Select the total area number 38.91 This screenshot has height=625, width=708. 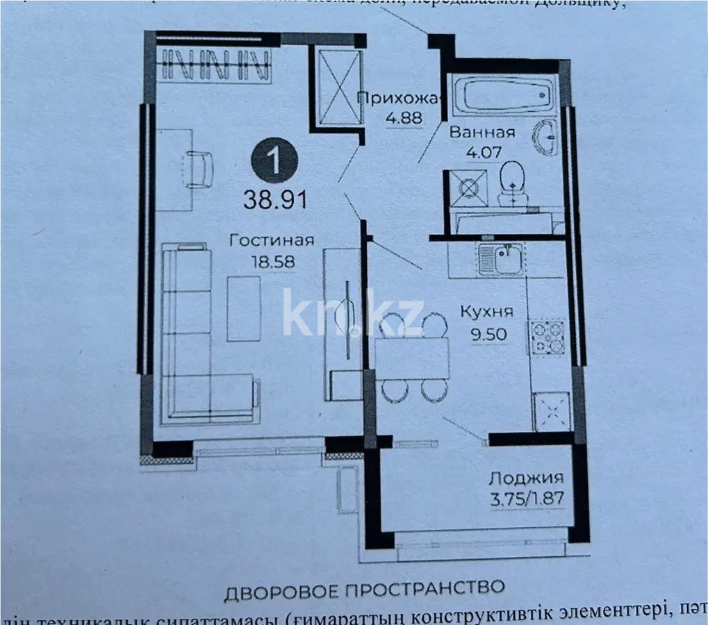(x=274, y=201)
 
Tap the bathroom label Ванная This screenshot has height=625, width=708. (x=481, y=133)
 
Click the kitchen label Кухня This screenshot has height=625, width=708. (x=488, y=312)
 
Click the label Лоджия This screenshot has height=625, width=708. (x=526, y=478)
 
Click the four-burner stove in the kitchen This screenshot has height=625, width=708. (x=548, y=336)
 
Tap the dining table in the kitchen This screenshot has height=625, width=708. (x=412, y=358)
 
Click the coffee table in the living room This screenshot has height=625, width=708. (x=244, y=308)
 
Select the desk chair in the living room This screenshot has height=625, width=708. (x=200, y=168)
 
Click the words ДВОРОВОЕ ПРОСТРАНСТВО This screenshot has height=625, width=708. (x=364, y=590)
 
